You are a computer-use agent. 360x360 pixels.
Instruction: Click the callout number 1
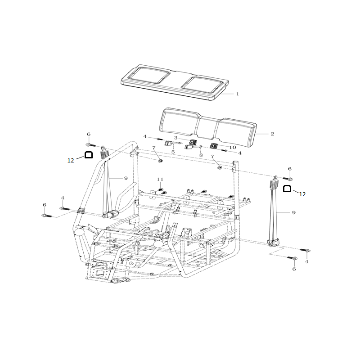(238, 94)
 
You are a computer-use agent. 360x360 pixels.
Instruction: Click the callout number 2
(272, 134)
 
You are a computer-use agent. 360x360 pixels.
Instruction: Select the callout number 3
(175, 138)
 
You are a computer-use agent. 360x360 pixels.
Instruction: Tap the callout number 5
(173, 152)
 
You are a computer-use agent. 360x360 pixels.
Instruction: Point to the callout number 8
(201, 155)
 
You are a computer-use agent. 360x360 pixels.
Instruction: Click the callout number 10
(233, 148)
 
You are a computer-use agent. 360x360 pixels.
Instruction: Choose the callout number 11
(160, 179)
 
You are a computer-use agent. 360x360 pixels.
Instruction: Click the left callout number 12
(71, 161)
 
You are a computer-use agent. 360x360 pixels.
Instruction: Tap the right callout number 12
(302, 194)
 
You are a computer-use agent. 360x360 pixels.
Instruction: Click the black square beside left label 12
(89, 155)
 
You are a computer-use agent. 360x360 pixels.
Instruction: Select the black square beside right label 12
(287, 189)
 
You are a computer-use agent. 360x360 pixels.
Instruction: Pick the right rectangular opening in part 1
(202, 85)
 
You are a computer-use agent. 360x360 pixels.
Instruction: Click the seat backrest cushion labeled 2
(208, 125)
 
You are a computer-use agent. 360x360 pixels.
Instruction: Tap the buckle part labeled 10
(214, 146)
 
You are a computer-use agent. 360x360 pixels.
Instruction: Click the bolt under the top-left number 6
(91, 145)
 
